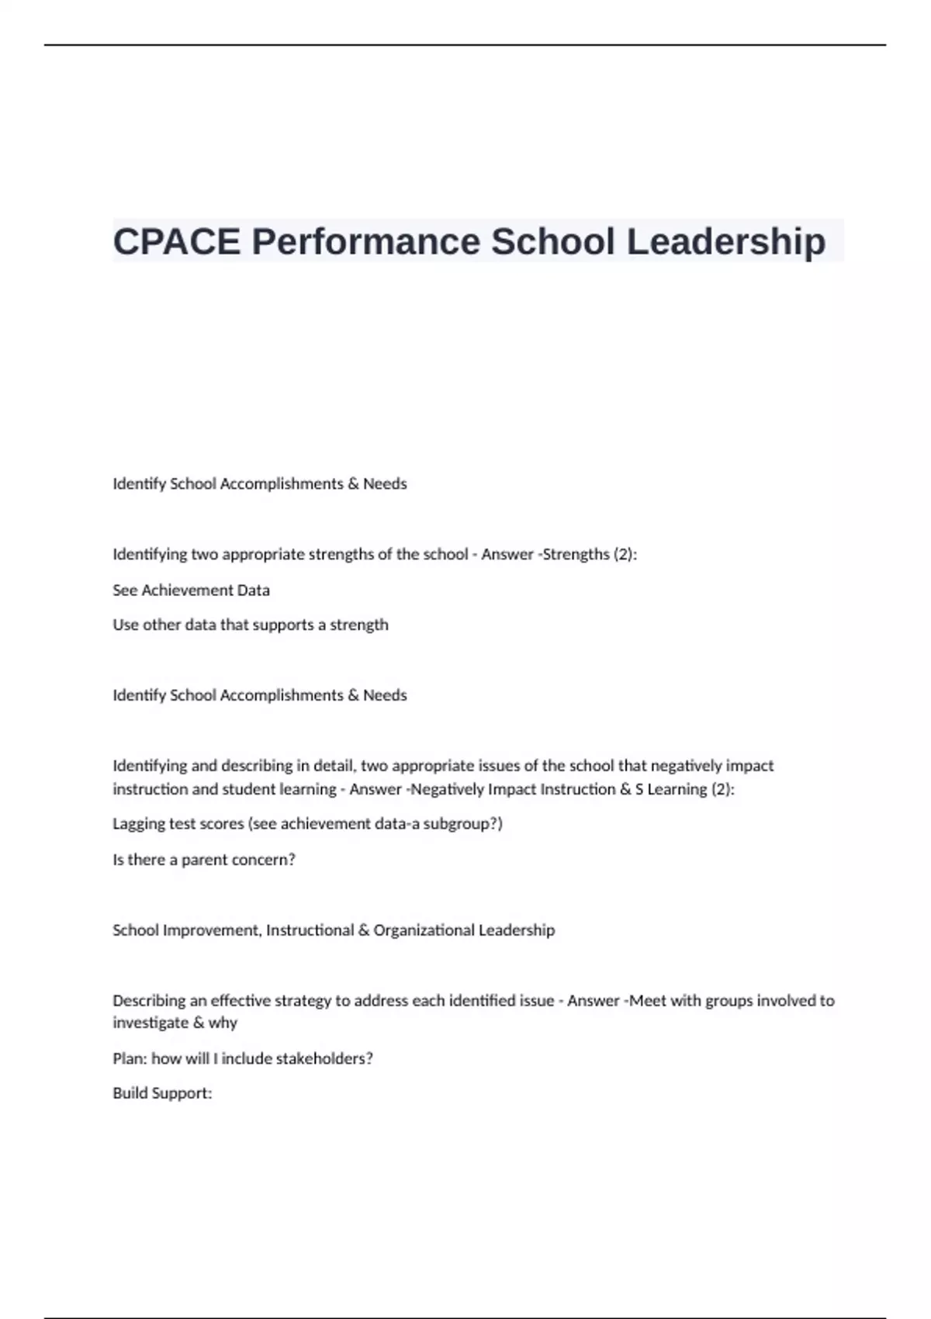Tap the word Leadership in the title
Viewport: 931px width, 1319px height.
click(726, 241)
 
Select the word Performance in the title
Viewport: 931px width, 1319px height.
click(366, 241)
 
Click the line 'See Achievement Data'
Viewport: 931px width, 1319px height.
click(191, 590)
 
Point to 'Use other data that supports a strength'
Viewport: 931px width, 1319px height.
click(250, 625)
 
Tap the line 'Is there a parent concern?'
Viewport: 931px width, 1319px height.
click(203, 860)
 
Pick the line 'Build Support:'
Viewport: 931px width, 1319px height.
click(162, 1093)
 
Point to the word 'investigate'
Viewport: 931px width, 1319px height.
click(150, 1023)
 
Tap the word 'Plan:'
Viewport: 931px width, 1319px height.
click(130, 1058)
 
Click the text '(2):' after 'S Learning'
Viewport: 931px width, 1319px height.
click(722, 789)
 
